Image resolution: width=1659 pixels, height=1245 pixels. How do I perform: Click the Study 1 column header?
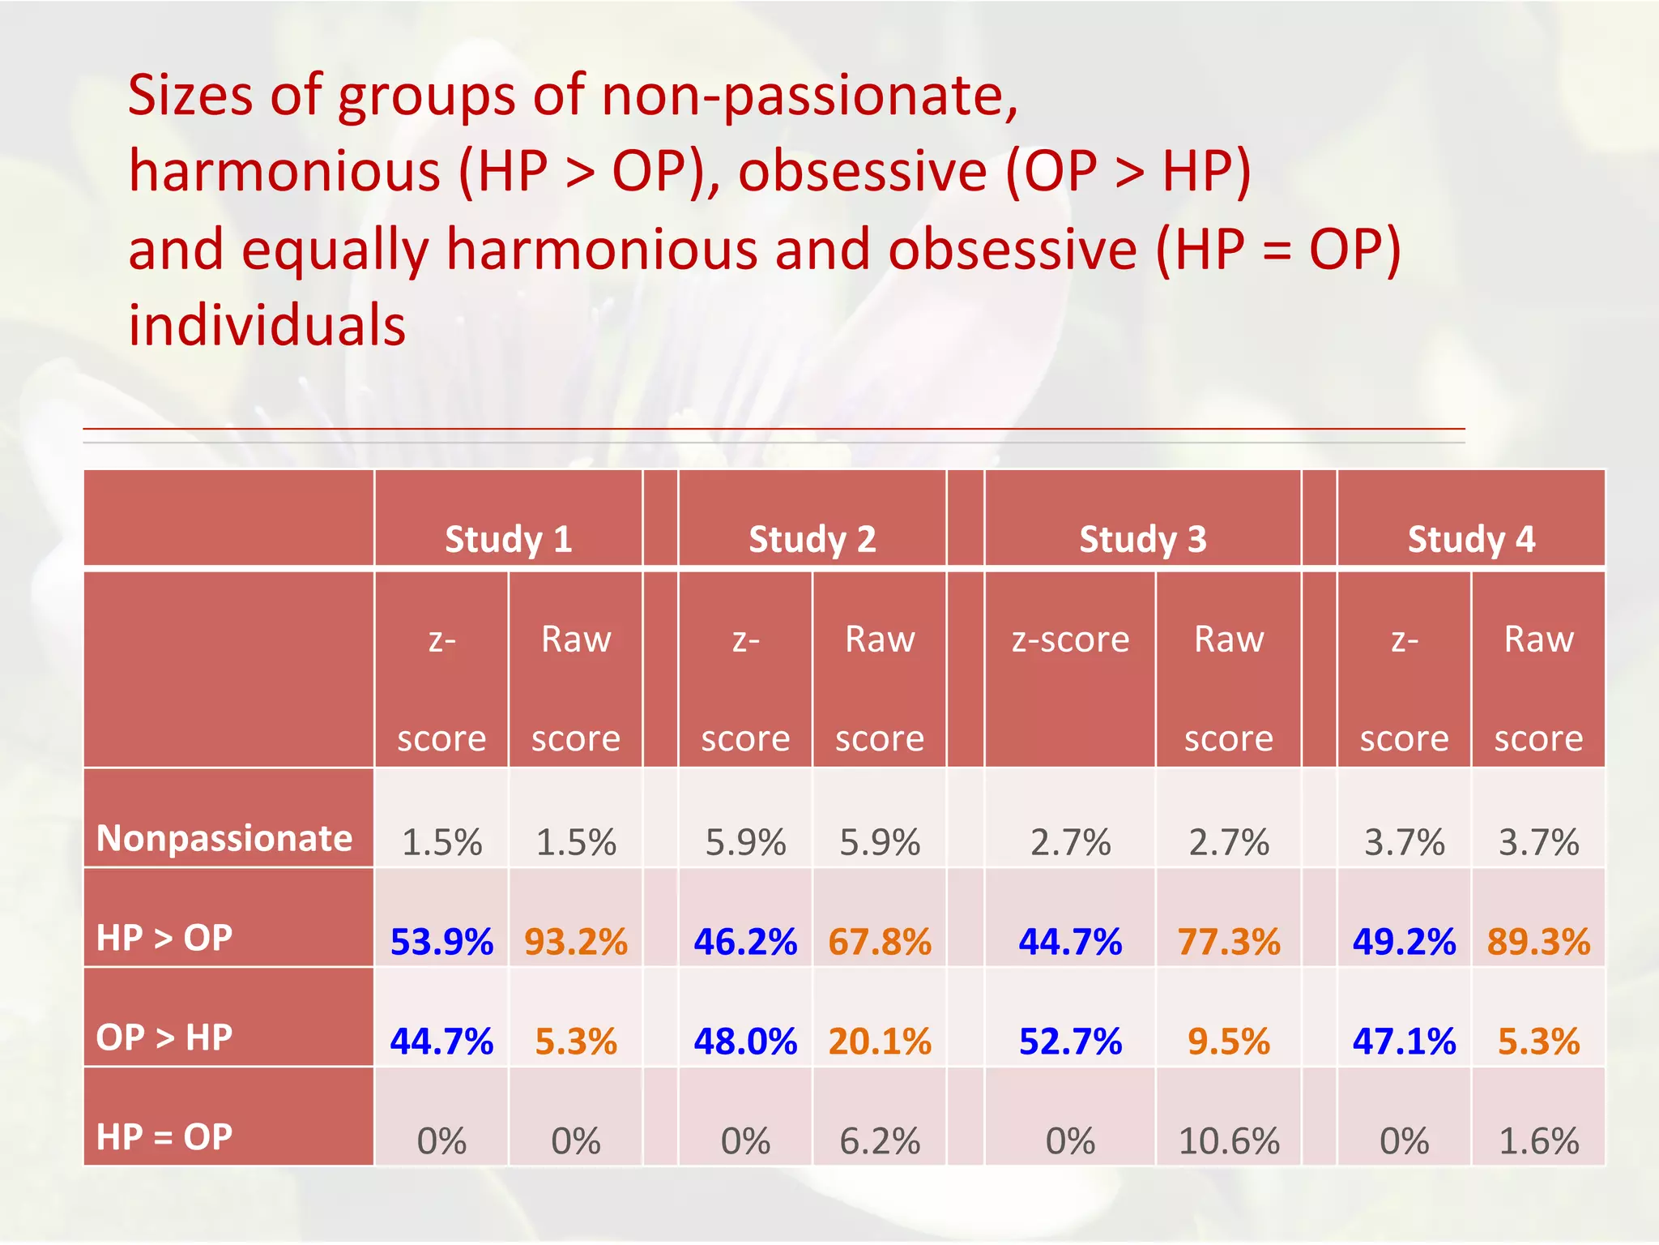tap(509, 539)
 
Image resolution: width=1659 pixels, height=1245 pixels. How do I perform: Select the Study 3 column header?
tap(1142, 539)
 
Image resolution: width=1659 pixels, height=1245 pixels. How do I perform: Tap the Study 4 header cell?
tap(1471, 539)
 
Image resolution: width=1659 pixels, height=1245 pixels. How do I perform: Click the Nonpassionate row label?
tap(224, 838)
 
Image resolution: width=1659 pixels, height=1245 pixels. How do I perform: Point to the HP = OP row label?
tap(164, 1136)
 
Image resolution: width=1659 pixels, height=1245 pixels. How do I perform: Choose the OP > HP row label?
tap(164, 1037)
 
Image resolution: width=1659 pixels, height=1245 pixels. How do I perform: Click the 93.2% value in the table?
tap(576, 942)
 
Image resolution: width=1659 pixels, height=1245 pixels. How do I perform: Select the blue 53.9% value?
tap(441, 942)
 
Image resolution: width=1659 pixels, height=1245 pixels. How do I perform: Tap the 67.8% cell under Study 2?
tap(880, 942)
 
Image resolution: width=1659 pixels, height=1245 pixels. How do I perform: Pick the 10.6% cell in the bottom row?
tap(1229, 1141)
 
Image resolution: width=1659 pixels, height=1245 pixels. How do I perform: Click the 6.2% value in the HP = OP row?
tap(880, 1141)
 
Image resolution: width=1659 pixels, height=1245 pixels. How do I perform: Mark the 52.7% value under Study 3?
tap(1070, 1042)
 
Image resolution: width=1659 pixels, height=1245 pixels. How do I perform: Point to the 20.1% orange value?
tap(880, 1042)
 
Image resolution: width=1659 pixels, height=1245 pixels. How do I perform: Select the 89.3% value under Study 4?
tap(1538, 942)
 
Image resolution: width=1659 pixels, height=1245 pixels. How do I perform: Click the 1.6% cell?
tap(1538, 1141)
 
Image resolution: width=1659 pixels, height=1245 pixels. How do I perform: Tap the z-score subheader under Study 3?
tap(1070, 640)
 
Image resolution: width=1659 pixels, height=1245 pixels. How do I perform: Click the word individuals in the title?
tap(267, 325)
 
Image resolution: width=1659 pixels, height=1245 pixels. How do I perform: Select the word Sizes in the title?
tap(191, 96)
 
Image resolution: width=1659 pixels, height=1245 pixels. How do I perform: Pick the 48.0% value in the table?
tap(745, 1042)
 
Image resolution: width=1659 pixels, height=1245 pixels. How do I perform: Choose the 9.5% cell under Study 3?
tap(1229, 1042)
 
